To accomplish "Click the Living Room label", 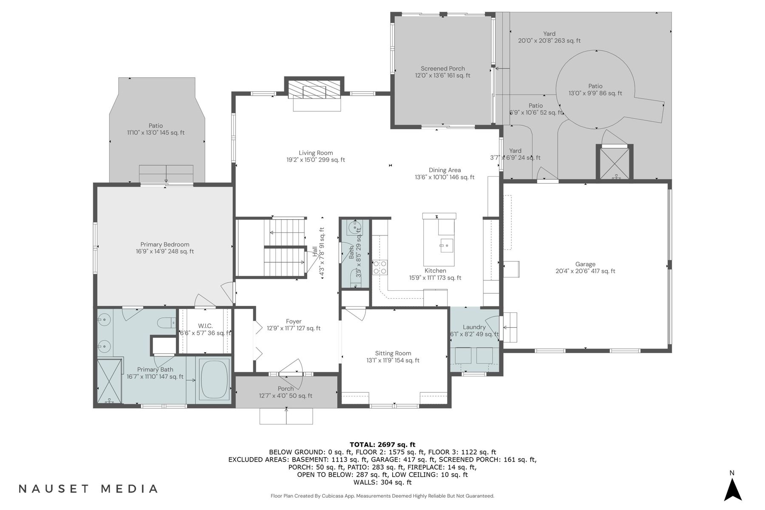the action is coord(315,156).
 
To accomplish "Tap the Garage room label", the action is coord(585,267).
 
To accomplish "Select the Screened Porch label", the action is coord(442,72).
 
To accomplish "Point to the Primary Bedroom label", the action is coord(165,248).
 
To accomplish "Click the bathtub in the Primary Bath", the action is coord(215,380).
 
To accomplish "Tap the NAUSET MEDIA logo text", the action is coord(88,489).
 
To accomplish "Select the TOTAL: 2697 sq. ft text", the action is coord(382,445).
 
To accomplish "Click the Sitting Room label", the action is coord(393,357).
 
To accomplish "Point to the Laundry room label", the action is coord(474,331).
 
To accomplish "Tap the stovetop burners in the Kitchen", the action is coord(380,267).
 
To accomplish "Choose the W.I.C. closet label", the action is coord(205,329).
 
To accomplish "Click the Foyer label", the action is coord(294,325).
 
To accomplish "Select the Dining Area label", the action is coord(445,173).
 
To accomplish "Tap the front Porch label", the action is coord(286,392).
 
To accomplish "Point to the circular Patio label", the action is coord(595,90).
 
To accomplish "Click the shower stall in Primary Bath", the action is coord(110,381).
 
